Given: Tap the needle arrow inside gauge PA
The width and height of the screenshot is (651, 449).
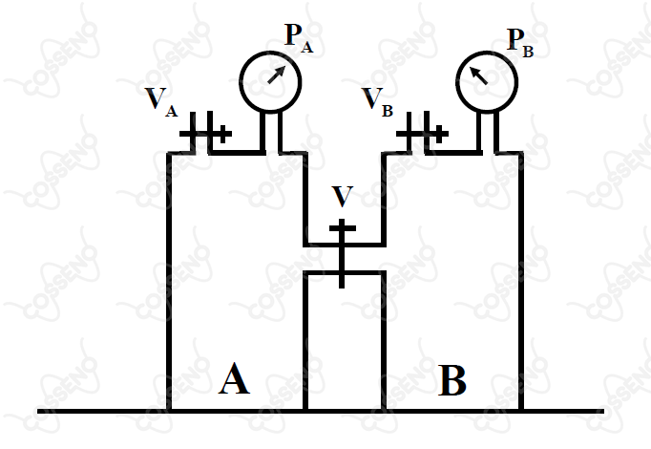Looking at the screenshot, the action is [x=277, y=75].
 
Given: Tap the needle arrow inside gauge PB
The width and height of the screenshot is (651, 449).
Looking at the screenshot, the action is [x=478, y=75].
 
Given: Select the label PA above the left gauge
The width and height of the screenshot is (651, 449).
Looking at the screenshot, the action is [x=299, y=38].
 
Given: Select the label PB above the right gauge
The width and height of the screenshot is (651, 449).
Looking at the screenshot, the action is [x=520, y=43].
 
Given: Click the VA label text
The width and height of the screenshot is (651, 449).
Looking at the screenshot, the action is [x=161, y=102].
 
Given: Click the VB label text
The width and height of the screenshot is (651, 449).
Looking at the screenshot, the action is [x=377, y=102].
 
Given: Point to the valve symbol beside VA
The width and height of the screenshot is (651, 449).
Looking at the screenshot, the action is [x=205, y=133].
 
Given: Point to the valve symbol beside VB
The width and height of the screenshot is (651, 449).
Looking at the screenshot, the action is [x=422, y=133].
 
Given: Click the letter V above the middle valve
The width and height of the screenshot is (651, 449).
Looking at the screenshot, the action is [x=343, y=197].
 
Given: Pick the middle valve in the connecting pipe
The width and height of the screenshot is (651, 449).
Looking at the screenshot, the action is [x=342, y=253].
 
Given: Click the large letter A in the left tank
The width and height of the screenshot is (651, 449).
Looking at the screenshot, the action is [x=234, y=378].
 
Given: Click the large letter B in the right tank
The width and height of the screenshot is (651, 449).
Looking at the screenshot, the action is [x=452, y=380].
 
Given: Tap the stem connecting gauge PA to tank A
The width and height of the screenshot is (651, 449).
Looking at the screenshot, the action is [x=271, y=132].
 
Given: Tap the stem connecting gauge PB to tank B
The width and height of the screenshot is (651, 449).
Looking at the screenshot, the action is [x=488, y=132].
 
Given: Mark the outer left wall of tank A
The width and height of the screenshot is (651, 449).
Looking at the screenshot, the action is [x=169, y=282].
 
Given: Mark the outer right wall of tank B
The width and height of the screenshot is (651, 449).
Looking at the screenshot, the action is [x=520, y=282].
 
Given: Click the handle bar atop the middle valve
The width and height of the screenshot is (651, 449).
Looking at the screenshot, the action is [x=343, y=228].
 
